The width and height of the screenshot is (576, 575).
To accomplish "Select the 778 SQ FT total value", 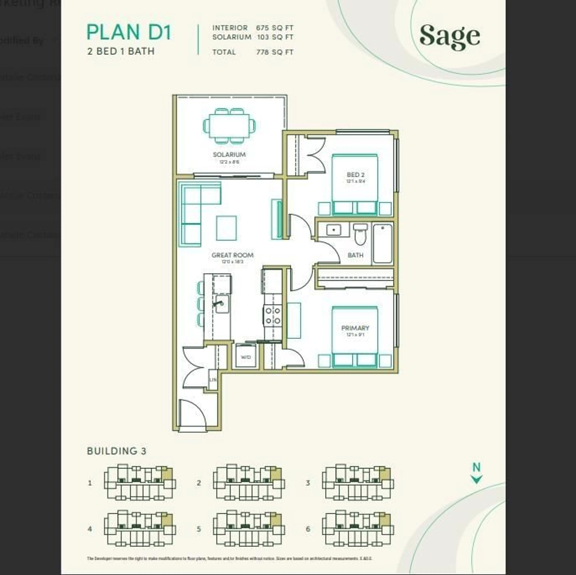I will (x=275, y=52).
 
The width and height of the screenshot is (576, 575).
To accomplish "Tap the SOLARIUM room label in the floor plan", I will (x=229, y=154).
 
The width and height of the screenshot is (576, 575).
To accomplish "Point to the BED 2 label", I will (x=355, y=175).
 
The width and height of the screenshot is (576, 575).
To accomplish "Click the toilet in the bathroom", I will (x=360, y=234).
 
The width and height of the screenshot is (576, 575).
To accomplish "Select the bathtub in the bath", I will (x=382, y=244).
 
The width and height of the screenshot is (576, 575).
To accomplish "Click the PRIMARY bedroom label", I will (x=355, y=328).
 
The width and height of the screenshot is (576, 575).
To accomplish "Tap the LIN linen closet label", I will (x=213, y=380).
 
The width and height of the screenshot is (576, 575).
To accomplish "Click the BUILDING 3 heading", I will (x=117, y=451).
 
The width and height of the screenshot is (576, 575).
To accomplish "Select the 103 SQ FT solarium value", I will (x=275, y=37).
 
